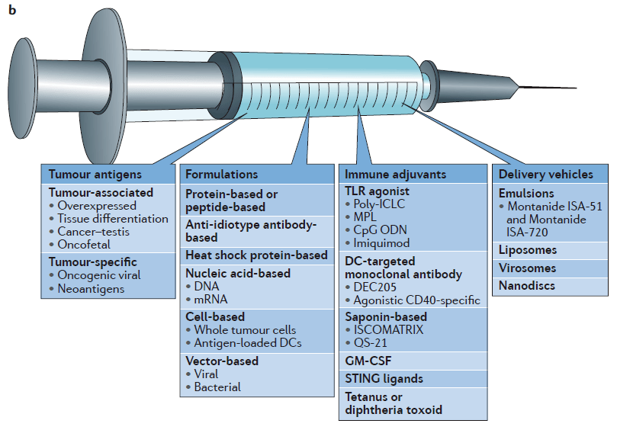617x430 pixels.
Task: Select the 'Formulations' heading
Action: click(x=222, y=175)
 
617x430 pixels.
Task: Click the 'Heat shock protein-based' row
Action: click(x=256, y=255)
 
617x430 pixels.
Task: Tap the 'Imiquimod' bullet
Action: click(x=382, y=242)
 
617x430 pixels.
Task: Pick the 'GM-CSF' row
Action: click(x=369, y=360)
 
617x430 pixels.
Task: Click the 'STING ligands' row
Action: click(x=384, y=378)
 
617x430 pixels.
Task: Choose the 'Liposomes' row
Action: click(x=528, y=250)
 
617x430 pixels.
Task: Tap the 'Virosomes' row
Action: click(x=527, y=268)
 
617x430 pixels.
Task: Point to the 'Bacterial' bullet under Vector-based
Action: click(x=217, y=387)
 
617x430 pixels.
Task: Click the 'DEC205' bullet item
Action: click(x=376, y=286)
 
